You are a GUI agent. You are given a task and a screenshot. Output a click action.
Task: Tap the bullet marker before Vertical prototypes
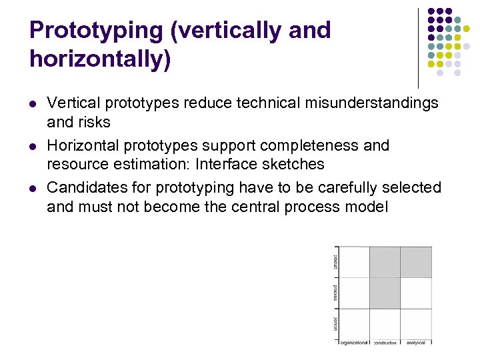point(33,103)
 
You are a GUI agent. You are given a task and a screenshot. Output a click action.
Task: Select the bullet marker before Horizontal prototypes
point(33,145)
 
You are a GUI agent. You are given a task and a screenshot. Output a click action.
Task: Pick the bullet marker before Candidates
point(33,188)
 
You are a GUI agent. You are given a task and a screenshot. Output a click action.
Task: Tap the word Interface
point(226,164)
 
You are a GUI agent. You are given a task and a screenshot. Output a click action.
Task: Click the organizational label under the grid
point(354,343)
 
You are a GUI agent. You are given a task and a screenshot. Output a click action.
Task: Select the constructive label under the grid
point(385,343)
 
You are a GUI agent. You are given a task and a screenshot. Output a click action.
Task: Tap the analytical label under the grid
point(416,343)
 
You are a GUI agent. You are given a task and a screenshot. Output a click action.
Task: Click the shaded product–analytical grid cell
point(416,261)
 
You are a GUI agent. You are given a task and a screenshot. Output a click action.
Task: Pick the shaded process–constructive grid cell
point(385,293)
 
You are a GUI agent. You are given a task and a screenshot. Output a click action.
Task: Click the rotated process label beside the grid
point(335,293)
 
